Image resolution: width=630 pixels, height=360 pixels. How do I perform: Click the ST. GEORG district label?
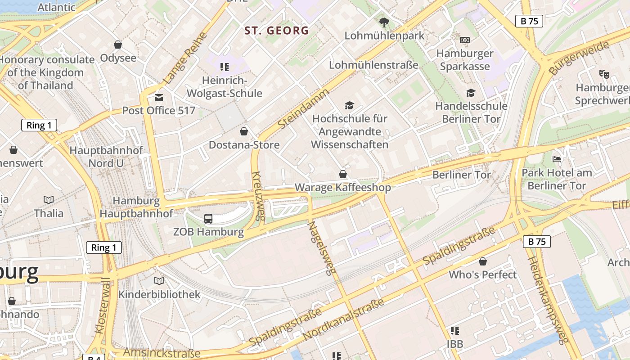click(276, 31)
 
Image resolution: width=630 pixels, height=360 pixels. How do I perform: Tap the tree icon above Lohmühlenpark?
click(384, 22)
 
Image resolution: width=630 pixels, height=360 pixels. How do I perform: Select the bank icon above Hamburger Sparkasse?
click(464, 40)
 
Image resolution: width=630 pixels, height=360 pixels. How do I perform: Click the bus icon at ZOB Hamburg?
click(208, 219)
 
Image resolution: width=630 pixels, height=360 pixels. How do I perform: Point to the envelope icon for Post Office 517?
click(158, 97)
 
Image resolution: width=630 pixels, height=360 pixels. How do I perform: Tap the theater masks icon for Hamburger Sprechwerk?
click(604, 74)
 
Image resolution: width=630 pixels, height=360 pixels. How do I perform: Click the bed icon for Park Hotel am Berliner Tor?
click(557, 159)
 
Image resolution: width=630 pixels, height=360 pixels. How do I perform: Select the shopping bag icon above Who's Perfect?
click(483, 261)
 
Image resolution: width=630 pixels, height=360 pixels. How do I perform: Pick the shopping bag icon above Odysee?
click(118, 45)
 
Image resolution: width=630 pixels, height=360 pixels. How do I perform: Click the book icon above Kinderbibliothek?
click(159, 281)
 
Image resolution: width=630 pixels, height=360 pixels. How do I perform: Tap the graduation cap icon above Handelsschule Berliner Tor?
click(471, 93)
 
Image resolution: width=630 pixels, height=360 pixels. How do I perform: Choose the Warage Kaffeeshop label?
click(342, 187)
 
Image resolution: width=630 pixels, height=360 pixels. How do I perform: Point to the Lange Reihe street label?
click(185, 58)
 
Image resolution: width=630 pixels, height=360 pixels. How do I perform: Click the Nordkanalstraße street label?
click(344, 319)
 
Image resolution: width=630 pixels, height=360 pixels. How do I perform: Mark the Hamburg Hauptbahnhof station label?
click(136, 207)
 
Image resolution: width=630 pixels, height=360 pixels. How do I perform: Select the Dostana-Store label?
click(244, 145)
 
